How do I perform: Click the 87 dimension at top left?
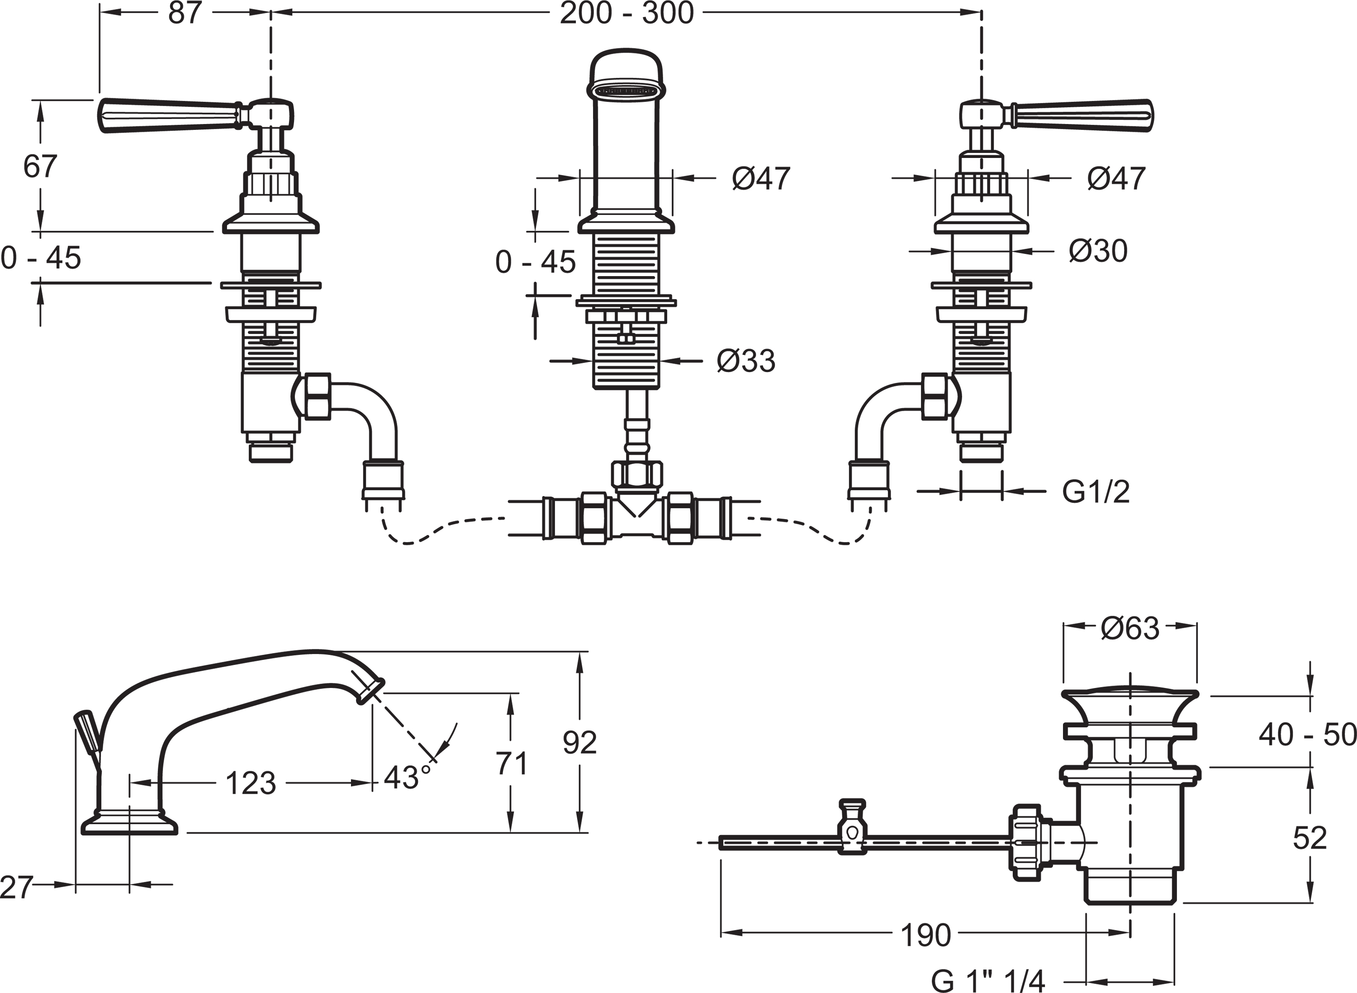pyautogui.click(x=185, y=13)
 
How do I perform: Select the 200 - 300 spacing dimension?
pyautogui.click(x=626, y=13)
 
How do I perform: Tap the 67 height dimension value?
pyautogui.click(x=40, y=167)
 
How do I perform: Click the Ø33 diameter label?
pyautogui.click(x=745, y=361)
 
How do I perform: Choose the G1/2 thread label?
pyautogui.click(x=1096, y=492)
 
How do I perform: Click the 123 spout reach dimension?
pyautogui.click(x=251, y=783)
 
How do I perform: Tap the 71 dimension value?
pyautogui.click(x=511, y=764)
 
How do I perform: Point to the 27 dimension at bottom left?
pyautogui.click(x=16, y=887)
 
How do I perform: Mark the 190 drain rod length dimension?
pyautogui.click(x=925, y=936)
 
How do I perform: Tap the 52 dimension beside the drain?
pyautogui.click(x=1310, y=838)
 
